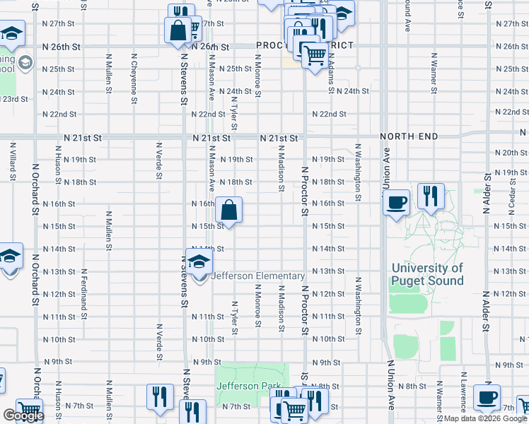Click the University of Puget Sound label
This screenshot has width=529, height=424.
pos(427,274)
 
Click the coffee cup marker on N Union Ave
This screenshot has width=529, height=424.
pos(396,202)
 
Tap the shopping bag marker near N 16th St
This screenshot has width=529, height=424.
pos(229,210)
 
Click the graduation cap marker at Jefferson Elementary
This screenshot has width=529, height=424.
pos(199,261)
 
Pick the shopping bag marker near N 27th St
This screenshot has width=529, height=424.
pos(177,30)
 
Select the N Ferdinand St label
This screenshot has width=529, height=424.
pos(84,290)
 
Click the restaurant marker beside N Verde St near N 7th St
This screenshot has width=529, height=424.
pos(160,396)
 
